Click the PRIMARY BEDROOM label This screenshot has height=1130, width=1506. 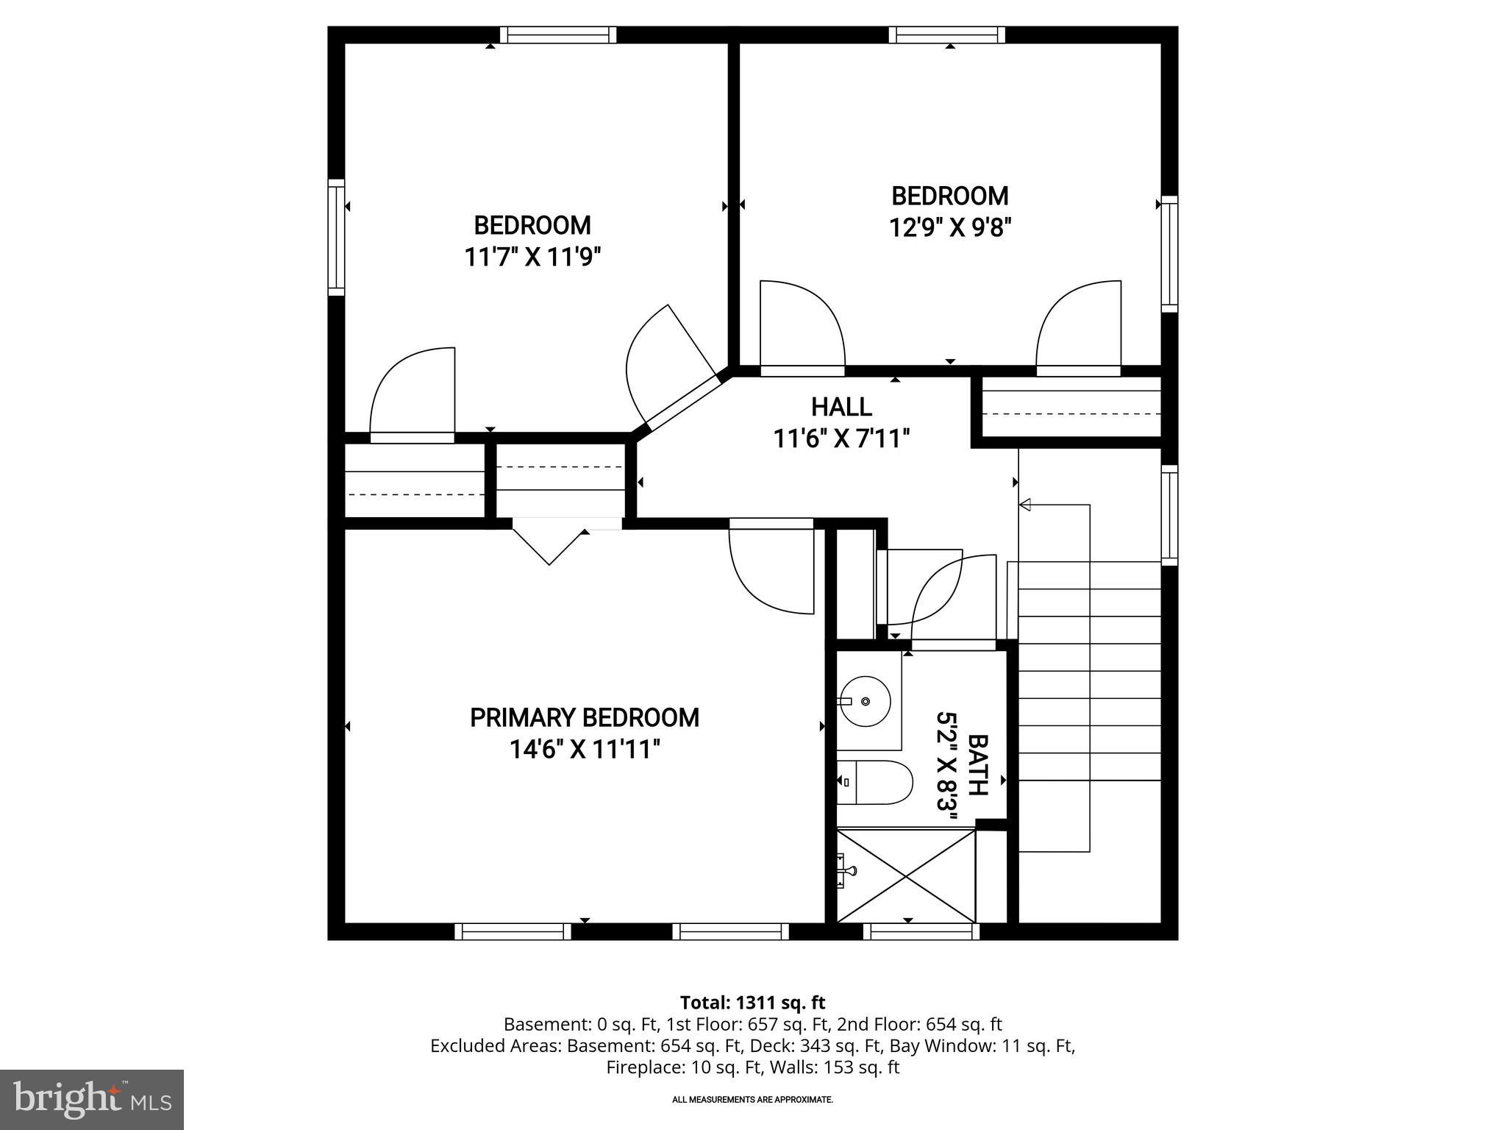pyautogui.click(x=585, y=717)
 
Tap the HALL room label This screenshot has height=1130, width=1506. pyautogui.click(x=841, y=407)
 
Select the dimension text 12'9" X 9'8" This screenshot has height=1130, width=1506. pyautogui.click(x=950, y=228)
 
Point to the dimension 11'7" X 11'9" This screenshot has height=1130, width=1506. pyautogui.click(x=532, y=257)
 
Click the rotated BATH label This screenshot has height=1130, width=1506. pyautogui.click(x=977, y=765)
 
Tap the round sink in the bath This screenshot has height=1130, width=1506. pyautogui.click(x=866, y=701)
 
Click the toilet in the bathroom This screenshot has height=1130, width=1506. pyautogui.click(x=879, y=782)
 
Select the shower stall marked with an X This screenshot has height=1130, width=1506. pyautogui.click(x=906, y=875)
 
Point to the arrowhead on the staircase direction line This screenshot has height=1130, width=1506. pyautogui.click(x=1025, y=505)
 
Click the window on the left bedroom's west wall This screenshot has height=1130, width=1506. pyautogui.click(x=336, y=237)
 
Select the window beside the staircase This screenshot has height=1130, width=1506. pyautogui.click(x=1169, y=515)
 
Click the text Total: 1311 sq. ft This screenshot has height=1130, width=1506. pyautogui.click(x=752, y=1003)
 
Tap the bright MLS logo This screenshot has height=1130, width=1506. pyautogui.click(x=91, y=1100)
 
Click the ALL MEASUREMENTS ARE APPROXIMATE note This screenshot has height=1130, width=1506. pyautogui.click(x=752, y=1100)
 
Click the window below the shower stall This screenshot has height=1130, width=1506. pyautogui.click(x=921, y=932)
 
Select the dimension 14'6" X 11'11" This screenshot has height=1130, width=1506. pyautogui.click(x=585, y=750)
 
